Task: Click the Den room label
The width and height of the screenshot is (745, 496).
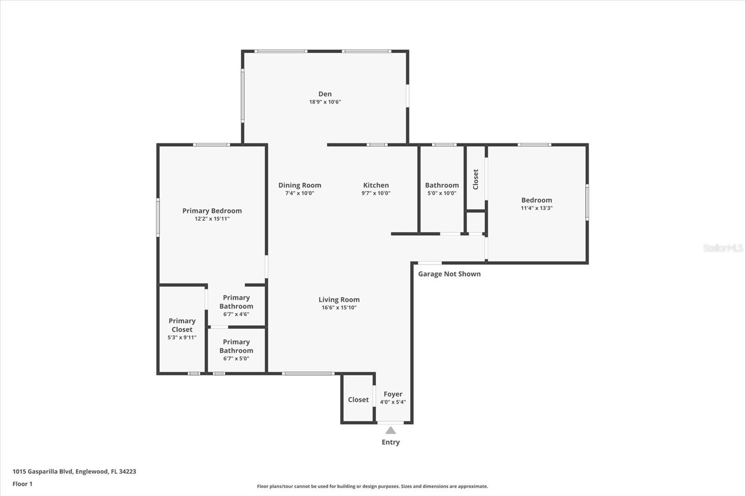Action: [325, 94]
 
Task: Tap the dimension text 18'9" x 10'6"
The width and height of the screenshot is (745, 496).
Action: [325, 102]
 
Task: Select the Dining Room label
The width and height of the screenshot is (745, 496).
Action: [299, 185]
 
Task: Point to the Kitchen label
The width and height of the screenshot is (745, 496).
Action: [376, 185]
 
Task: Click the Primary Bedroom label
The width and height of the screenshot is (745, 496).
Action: [212, 211]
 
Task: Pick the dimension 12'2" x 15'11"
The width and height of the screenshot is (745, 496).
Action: [212, 219]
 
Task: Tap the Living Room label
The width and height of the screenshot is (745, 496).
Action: [339, 300]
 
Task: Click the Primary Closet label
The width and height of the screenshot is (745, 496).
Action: [182, 325]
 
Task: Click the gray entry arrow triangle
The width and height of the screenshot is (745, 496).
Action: [391, 430]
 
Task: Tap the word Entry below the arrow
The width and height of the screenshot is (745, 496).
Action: [391, 442]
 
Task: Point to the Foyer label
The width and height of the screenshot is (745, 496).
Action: [393, 394]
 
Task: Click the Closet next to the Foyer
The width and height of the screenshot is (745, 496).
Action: [358, 400]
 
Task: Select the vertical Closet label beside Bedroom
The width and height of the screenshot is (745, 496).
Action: [475, 179]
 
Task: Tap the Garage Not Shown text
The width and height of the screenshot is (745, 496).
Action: [449, 274]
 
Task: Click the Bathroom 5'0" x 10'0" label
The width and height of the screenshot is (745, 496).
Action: [442, 185]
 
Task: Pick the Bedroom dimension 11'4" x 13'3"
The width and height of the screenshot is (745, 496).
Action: [536, 208]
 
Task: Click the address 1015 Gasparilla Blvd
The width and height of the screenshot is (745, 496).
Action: [74, 471]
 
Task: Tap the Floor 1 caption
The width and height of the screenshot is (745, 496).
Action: [22, 484]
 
